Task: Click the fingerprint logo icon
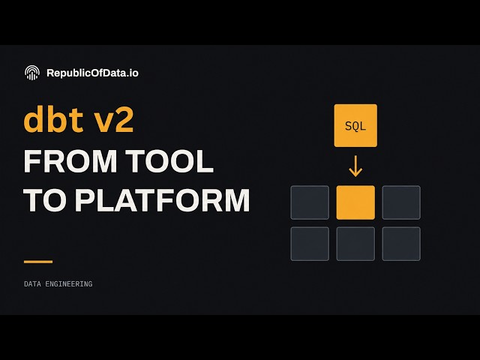point(32,73)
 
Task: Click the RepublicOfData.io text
point(92,73)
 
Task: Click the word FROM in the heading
point(70,162)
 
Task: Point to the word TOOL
point(170,162)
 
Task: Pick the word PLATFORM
point(163,200)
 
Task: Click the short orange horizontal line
point(38,262)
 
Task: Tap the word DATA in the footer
point(32,284)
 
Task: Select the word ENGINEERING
point(69,284)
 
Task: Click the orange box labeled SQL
point(355,125)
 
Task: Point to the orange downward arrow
point(355,166)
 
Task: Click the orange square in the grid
point(355,202)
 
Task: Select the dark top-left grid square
point(310,202)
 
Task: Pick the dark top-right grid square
point(401,202)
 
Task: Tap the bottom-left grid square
point(310,244)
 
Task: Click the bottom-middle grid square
point(355,244)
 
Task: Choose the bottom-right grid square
point(401,244)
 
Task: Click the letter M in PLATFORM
point(237,200)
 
